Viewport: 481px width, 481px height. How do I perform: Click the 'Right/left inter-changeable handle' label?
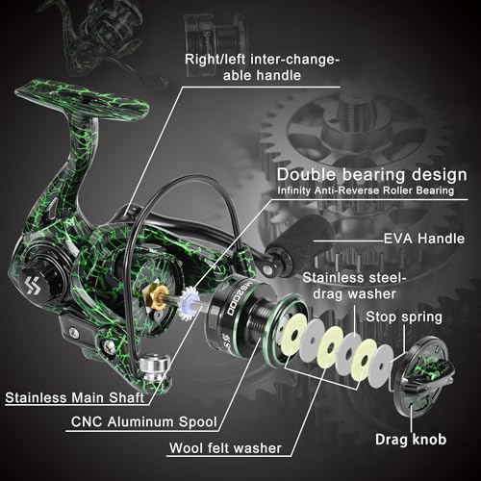click(x=262, y=67)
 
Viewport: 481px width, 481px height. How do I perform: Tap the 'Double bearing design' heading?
click(x=372, y=175)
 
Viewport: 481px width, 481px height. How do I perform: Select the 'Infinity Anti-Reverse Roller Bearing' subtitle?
click(x=366, y=190)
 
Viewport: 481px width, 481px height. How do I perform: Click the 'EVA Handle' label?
click(x=424, y=239)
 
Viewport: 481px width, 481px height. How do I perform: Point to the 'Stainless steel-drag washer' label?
click(x=354, y=286)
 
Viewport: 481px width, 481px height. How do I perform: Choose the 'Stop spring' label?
click(x=404, y=316)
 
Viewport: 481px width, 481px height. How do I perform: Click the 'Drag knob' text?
click(x=411, y=440)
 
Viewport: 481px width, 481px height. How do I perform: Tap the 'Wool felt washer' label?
click(x=225, y=448)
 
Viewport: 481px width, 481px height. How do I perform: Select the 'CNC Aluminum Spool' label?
click(x=144, y=421)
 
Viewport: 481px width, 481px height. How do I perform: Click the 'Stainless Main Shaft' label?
click(x=74, y=398)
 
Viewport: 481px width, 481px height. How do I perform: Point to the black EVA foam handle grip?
click(x=300, y=243)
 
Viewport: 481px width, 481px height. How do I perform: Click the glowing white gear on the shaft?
click(x=190, y=303)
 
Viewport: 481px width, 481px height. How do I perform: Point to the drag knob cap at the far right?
click(x=422, y=375)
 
